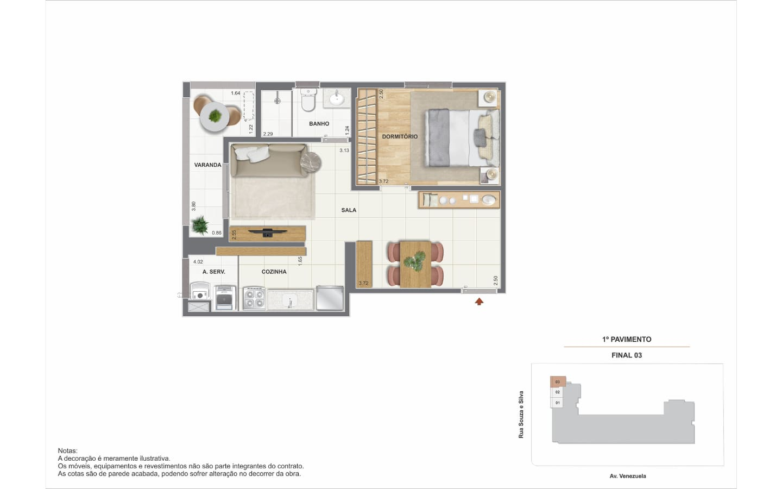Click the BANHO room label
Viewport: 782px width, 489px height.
pos(319,124)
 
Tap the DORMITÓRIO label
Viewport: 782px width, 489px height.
pos(400,136)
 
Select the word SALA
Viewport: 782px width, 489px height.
pos(349,210)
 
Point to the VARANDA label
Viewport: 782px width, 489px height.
pos(207,165)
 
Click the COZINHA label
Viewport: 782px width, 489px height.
pos(274,272)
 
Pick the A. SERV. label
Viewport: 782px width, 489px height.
pos(213,272)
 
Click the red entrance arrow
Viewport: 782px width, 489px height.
pos(479,302)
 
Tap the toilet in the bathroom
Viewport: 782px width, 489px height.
pos(308,100)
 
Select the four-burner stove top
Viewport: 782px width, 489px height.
pos(254,299)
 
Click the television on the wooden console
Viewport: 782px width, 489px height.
pos(268,233)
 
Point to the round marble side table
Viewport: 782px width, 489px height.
pos(311,162)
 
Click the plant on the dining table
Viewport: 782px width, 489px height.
pos(415,261)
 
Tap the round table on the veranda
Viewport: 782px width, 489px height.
pos(215,116)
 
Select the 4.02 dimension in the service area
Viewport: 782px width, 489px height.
pos(198,262)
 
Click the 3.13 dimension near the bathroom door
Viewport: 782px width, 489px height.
pos(344,151)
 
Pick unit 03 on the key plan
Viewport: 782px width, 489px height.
pos(558,382)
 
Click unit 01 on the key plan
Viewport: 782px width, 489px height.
pos(557,403)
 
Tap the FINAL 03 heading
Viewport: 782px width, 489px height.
pos(627,355)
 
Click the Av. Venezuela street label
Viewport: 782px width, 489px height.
pos(628,476)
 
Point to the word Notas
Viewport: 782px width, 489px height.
pos(68,451)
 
